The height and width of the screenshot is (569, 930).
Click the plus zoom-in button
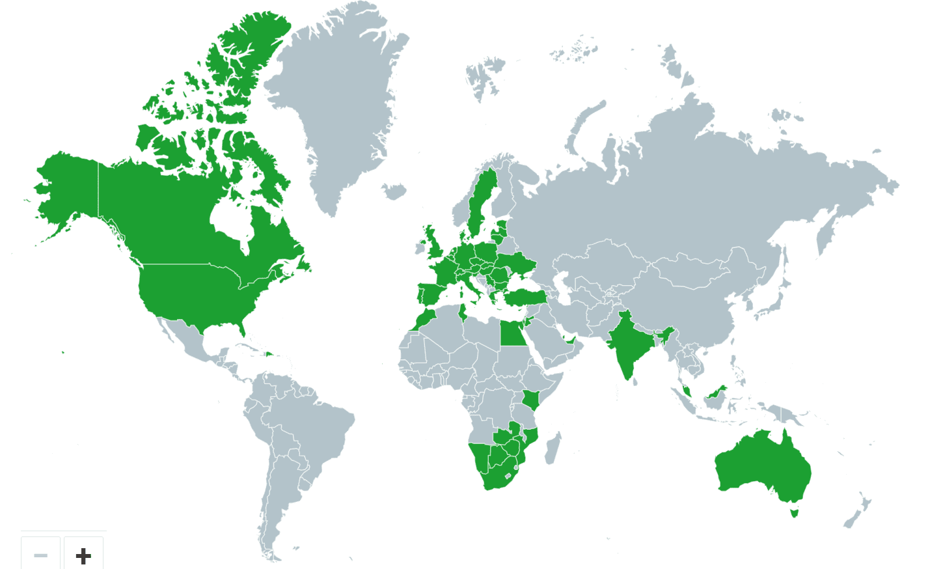[83, 555]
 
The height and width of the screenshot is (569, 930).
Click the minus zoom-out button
[40, 555]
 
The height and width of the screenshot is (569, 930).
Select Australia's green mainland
[761, 465]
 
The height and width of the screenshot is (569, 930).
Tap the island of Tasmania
[794, 512]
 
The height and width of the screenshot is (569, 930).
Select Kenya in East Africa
[532, 400]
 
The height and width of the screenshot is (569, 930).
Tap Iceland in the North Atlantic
[394, 191]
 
